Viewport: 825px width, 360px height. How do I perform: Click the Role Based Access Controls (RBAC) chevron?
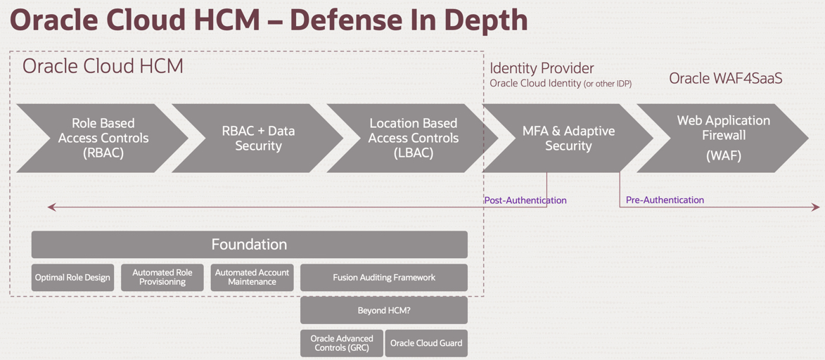[x=103, y=139]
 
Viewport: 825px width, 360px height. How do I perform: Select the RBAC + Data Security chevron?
[x=258, y=139]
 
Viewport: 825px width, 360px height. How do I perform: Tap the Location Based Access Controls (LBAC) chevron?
[x=413, y=139]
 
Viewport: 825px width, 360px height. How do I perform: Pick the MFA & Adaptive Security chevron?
[x=568, y=139]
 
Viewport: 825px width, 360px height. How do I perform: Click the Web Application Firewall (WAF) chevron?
[x=723, y=139]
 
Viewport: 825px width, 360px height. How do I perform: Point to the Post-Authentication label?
[x=525, y=200]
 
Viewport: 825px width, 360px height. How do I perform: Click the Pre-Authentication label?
[x=665, y=200]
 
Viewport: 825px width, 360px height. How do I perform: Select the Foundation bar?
[x=249, y=245]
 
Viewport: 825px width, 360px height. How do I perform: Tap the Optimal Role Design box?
[x=72, y=278]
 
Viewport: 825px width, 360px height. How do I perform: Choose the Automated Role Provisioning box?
[x=162, y=278]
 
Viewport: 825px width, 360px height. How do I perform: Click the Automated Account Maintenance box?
[x=252, y=278]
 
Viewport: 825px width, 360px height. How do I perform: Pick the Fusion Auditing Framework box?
[x=383, y=278]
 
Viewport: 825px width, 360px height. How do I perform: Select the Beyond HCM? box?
[x=383, y=310]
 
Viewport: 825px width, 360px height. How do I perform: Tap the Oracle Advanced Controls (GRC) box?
[x=342, y=343]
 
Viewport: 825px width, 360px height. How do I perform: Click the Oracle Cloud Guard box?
[x=426, y=343]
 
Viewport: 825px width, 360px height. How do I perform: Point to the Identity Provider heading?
[x=542, y=68]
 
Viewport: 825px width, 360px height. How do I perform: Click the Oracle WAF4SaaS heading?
[x=725, y=78]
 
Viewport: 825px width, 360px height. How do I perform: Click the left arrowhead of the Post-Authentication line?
[x=51, y=207]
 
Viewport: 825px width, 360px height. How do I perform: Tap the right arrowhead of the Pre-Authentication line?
[x=817, y=207]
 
